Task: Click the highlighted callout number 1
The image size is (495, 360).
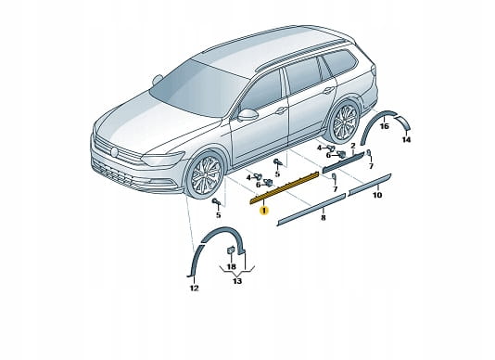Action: click(x=264, y=211)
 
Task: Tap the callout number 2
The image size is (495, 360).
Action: click(x=353, y=146)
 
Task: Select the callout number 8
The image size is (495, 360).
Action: click(x=323, y=217)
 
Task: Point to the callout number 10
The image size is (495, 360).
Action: click(x=377, y=195)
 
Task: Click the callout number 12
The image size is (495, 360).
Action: click(x=194, y=288)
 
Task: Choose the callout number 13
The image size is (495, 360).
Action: click(x=237, y=280)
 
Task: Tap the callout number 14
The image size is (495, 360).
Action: click(x=406, y=139)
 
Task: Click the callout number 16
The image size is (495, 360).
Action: click(x=384, y=126)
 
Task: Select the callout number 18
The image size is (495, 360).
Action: click(x=232, y=266)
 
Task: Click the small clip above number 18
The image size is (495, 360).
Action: click(x=231, y=250)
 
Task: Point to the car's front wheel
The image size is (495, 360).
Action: click(x=205, y=174)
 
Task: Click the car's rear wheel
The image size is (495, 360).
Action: click(x=345, y=121)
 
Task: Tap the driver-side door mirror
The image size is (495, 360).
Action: click(x=247, y=115)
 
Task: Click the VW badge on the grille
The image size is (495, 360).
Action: click(x=114, y=152)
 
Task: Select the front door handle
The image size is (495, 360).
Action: click(x=281, y=110)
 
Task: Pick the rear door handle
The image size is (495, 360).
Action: click(x=329, y=90)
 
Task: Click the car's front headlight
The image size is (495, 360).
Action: click(x=163, y=159)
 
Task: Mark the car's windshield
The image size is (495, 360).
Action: click(x=199, y=88)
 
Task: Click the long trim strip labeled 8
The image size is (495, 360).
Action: click(x=311, y=210)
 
